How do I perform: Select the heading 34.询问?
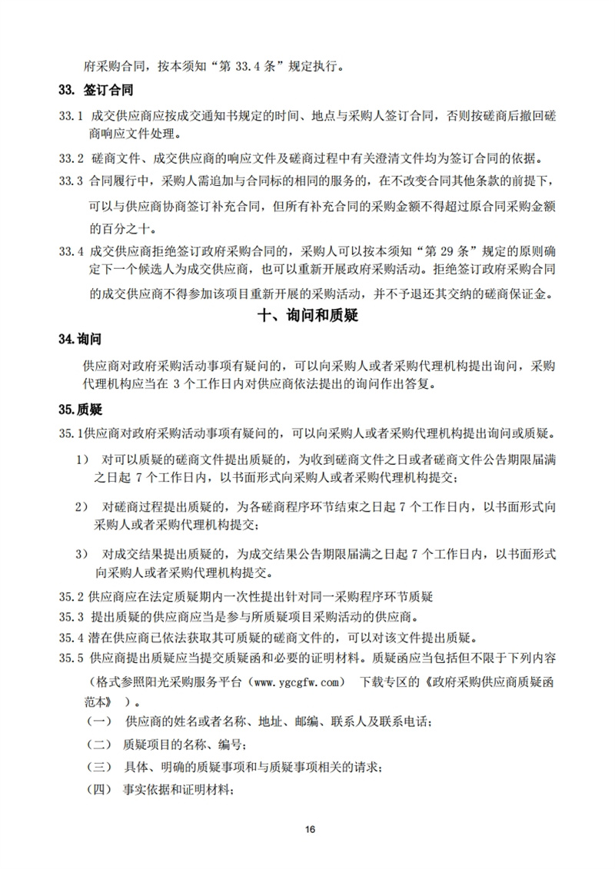point(80,339)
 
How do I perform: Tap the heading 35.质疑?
point(80,411)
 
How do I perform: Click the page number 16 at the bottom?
point(310,828)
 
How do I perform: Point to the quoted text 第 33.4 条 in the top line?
point(249,65)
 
